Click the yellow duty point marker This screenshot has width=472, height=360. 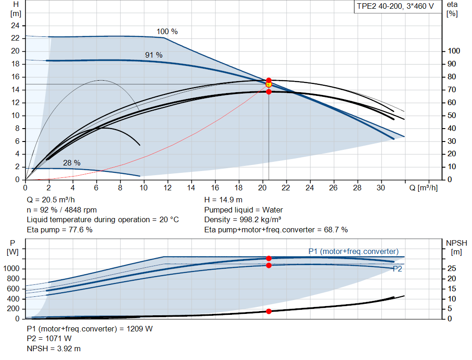269,84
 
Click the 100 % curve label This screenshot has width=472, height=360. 167,32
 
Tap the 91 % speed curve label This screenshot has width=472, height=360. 154,55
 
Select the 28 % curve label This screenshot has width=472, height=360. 72,163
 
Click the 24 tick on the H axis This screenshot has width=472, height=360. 15,25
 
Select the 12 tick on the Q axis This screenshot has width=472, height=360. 168,188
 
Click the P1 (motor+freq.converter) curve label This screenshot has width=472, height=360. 353,251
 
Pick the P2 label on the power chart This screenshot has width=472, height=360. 397,269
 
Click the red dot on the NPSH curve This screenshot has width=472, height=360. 269,311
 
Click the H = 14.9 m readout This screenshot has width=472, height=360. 223,200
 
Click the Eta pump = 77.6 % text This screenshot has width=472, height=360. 59,230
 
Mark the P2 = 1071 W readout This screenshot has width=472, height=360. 49,339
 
